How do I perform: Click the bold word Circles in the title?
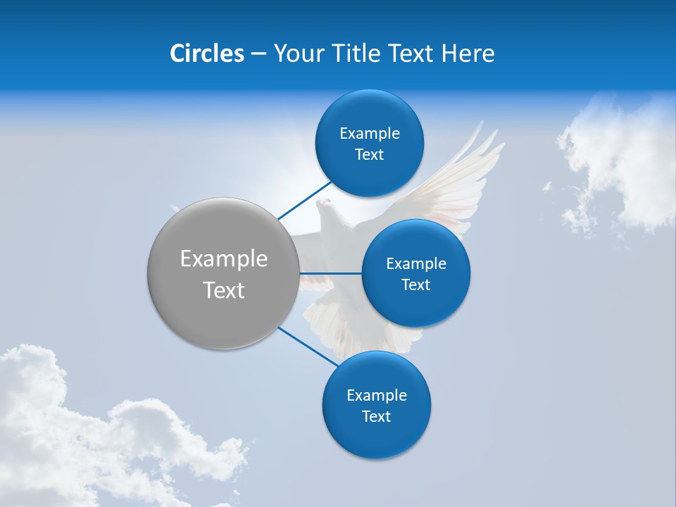tap(207, 54)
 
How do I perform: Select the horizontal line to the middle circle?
tap(330, 273)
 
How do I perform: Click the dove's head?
tap(325, 206)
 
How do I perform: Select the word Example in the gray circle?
tap(223, 259)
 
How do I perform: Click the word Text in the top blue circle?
tap(369, 155)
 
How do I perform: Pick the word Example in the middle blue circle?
tap(416, 264)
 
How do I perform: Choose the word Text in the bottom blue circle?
tap(376, 416)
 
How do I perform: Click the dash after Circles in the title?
tap(258, 54)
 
